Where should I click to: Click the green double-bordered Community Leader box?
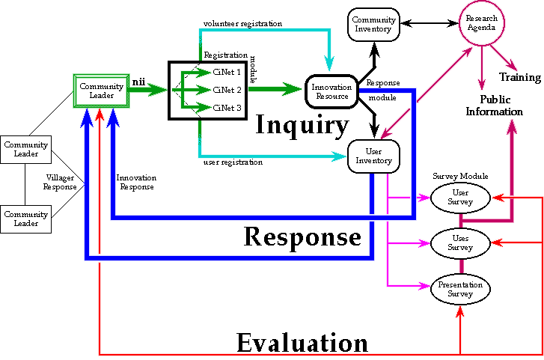[x=100, y=91]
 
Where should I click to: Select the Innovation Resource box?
[x=331, y=92]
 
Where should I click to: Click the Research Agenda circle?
[x=481, y=23]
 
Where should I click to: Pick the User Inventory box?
[x=375, y=155]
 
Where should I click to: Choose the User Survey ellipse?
[x=460, y=197]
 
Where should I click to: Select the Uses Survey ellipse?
[x=460, y=242]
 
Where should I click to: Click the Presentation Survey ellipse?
[x=460, y=288]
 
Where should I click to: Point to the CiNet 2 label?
[x=227, y=90]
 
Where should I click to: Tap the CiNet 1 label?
[x=227, y=72]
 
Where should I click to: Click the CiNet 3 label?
[x=227, y=109]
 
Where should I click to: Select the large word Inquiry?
[x=302, y=124]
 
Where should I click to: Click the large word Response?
[x=302, y=237]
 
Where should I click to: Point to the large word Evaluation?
[x=302, y=343]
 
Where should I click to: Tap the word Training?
[x=521, y=77]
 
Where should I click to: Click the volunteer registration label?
[x=242, y=23]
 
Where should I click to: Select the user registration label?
[x=233, y=161]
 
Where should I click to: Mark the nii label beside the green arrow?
[x=138, y=79]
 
